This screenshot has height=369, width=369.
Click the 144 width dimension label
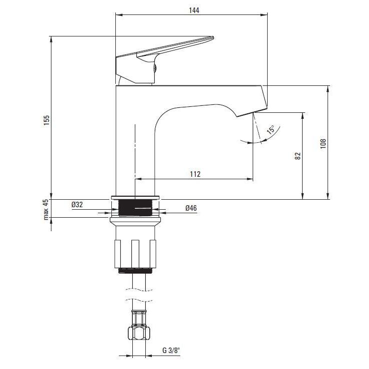pos(194,10)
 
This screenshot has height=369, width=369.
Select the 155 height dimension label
pos(46,120)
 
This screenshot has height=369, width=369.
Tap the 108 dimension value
pos(323,143)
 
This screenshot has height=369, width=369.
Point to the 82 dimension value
pos(298,156)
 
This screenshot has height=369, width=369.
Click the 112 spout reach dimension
pos(195,174)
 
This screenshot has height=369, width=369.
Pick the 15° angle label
pos(271,129)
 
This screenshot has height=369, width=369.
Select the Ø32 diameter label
pos(77,205)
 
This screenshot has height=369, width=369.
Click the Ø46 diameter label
pos(191,208)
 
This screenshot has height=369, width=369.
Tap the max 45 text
pos(45,209)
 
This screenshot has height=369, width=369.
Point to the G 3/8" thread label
pos(171,351)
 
